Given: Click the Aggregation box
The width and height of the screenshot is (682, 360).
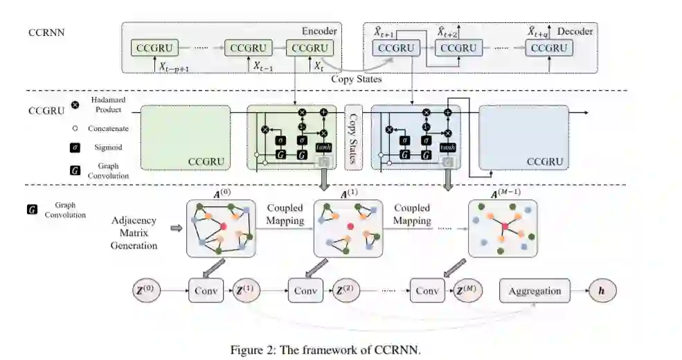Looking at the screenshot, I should click(535, 291).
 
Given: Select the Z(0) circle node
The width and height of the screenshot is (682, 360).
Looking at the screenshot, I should click(147, 291).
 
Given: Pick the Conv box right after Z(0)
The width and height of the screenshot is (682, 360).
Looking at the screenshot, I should click(206, 291).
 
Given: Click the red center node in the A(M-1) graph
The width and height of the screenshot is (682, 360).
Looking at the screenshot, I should click(505, 227).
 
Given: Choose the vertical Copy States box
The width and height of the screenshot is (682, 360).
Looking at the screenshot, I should click(354, 137).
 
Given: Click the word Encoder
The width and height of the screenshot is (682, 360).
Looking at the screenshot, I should click(318, 31).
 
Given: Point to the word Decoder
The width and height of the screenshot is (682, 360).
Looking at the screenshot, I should click(575, 31).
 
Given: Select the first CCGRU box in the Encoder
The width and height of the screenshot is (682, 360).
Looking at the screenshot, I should click(154, 48).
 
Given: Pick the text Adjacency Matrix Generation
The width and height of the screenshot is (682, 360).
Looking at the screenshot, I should click(134, 233).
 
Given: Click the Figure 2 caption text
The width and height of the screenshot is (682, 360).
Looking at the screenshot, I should click(325, 349).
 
